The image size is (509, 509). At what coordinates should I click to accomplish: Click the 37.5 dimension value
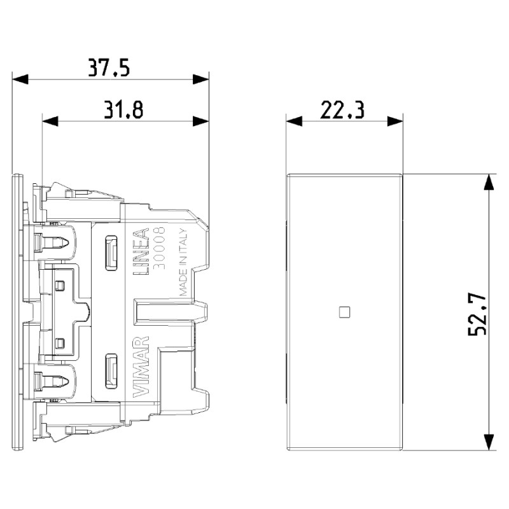(109, 67)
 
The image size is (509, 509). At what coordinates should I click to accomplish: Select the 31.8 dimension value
(123, 109)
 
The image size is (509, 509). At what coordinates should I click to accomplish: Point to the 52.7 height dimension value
(478, 312)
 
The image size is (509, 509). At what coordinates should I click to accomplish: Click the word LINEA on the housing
(141, 251)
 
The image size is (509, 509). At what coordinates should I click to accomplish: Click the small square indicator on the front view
(345, 312)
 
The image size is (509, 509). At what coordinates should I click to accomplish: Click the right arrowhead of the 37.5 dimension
(202, 80)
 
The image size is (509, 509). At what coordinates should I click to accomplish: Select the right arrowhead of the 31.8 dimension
(202, 121)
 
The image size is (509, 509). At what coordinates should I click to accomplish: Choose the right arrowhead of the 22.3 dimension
(396, 121)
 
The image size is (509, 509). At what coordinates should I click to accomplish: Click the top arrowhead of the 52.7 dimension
(488, 182)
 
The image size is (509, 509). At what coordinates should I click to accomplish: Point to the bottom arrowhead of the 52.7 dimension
(488, 442)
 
